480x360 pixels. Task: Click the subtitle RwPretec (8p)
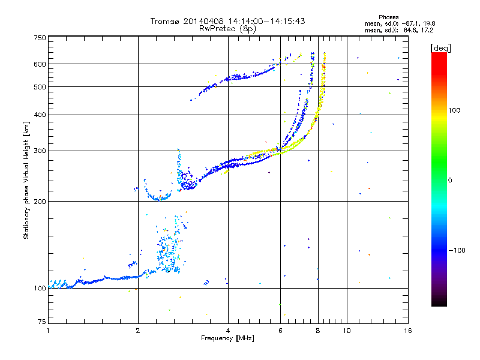tap(227, 29)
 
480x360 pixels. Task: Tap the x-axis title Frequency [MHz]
tap(227, 338)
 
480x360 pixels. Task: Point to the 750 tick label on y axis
tap(40, 38)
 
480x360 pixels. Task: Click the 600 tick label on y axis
tap(40, 64)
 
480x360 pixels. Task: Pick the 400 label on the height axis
tap(40, 115)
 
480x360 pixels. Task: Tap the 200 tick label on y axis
tap(40, 202)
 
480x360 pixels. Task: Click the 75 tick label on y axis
tap(42, 322)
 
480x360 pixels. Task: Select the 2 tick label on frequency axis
tap(138, 331)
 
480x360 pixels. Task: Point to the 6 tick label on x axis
tap(280, 331)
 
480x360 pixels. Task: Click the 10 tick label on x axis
tap(347, 331)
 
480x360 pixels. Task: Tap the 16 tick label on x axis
tap(408, 331)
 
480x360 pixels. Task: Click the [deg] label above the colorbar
tap(441, 48)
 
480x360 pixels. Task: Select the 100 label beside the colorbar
tap(454, 110)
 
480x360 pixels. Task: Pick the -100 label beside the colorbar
tap(457, 250)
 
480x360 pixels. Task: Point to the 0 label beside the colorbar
tap(450, 181)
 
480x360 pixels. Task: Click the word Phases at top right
tap(389, 17)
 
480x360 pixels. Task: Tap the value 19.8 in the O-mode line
tap(429, 23)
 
